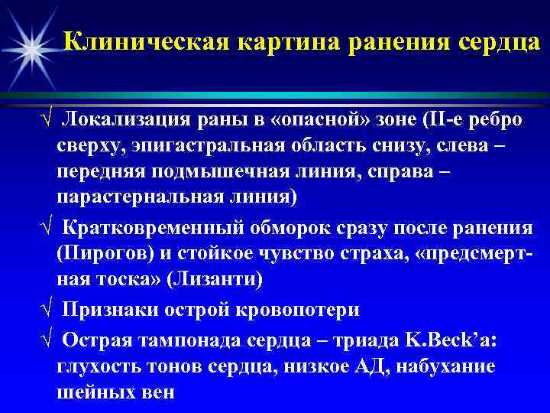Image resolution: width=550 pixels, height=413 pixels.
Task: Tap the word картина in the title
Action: pos(282,40)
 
